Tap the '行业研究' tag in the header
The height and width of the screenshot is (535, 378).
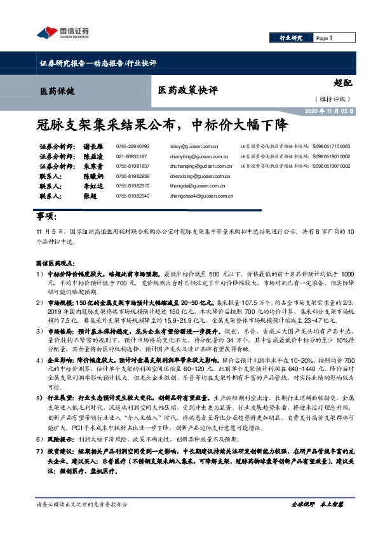(292, 38)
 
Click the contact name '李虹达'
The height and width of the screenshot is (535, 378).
(92, 186)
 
